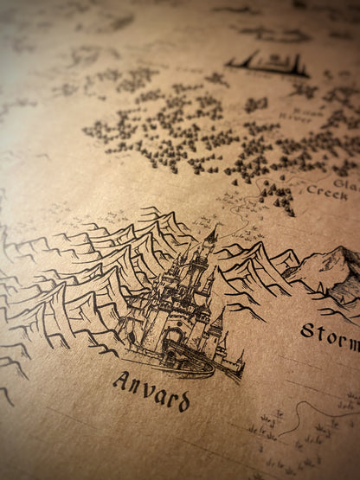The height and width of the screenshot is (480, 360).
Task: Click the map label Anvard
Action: [x=151, y=390]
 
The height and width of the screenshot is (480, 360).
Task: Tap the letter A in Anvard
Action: [x=119, y=381]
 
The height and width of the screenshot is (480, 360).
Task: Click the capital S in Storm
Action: [x=308, y=330]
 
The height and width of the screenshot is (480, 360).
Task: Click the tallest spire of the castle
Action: [x=210, y=234]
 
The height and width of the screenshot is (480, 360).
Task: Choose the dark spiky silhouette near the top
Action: [x=267, y=63]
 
